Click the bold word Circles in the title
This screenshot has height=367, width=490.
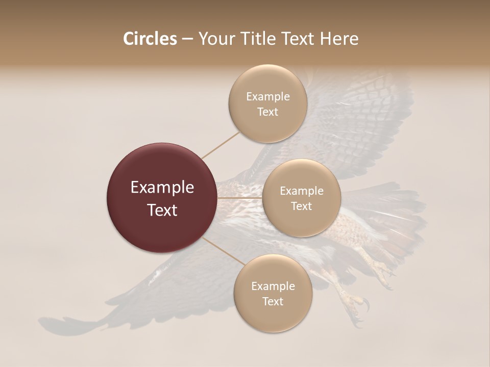coord(150,39)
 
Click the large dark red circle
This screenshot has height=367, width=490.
coord(162,198)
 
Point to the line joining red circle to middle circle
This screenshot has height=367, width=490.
coord(240,198)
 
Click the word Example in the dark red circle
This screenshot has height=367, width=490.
coord(162,188)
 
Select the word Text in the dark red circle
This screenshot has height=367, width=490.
coord(162,210)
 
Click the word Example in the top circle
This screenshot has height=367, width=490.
coord(267,97)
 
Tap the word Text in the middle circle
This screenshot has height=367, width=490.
coord(301,206)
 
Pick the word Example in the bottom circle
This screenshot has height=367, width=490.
coord(273,286)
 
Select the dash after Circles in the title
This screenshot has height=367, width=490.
coord(187,39)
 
